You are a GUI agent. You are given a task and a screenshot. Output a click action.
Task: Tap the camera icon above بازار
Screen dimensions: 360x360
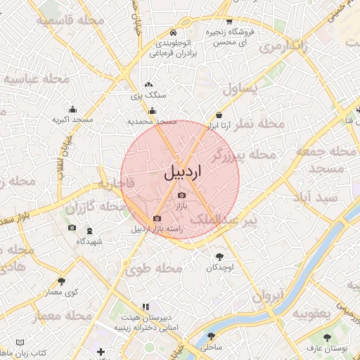182,195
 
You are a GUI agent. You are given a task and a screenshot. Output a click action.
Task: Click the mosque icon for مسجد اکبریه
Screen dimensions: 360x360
72,109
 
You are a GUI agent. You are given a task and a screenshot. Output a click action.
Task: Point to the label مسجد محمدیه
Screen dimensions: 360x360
151,122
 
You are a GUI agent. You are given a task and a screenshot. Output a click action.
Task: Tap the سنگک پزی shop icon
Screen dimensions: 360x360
148,84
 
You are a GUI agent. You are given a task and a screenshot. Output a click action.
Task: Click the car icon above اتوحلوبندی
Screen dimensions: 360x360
173,32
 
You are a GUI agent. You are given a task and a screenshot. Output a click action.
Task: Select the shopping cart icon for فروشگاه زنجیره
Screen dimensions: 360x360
229,21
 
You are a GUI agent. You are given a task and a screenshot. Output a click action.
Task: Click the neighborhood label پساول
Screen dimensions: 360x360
240,88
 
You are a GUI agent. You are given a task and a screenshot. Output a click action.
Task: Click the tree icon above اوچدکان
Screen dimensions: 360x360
220,257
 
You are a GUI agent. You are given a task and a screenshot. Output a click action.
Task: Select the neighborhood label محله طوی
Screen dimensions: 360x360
153,268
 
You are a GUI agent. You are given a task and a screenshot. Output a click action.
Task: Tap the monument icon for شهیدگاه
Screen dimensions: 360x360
89,231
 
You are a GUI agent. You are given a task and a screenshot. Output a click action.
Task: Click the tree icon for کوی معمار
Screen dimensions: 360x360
61,281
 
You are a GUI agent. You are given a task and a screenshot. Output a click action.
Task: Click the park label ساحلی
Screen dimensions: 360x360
211,347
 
